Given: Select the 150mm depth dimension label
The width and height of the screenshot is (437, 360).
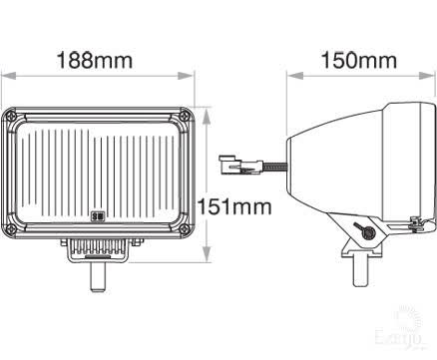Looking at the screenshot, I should pos(357,60).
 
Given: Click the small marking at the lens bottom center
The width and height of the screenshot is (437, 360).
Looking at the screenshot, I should pos(98,214).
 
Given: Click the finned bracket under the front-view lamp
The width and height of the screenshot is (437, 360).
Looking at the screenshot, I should pos(98,249).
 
